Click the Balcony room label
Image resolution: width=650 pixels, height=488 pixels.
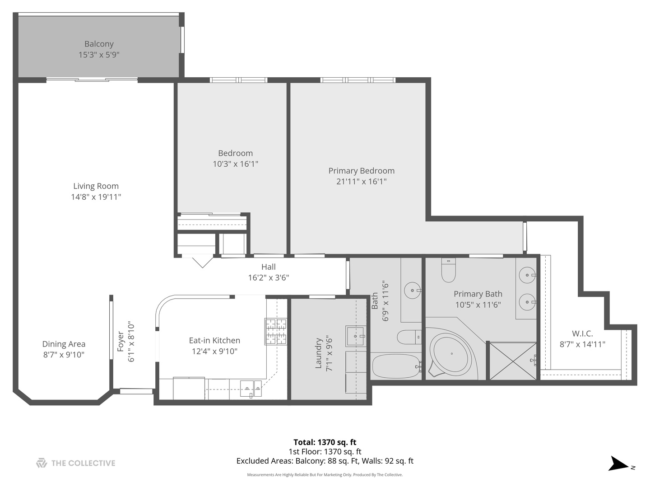coord(99,44)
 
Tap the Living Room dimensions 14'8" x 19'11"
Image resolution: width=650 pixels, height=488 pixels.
coord(96,197)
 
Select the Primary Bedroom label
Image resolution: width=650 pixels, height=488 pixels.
coord(361,171)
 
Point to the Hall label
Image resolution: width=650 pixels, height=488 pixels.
coord(268,267)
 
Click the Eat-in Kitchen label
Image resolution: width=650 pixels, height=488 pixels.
coord(214,341)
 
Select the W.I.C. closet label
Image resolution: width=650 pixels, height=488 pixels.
coord(582,333)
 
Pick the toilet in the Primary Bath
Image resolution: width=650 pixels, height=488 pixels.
coord(448,270)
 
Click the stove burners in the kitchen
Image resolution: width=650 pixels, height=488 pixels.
coord(276,331)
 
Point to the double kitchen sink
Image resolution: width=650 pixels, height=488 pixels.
coord(251,388)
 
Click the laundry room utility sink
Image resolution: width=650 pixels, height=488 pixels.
coord(356,336)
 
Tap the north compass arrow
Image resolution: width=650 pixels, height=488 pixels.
coord(619,464)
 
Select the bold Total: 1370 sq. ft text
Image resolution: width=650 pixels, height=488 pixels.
coord(325,442)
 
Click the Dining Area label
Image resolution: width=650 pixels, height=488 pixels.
coord(64,344)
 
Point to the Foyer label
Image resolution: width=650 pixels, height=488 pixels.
coord(121,342)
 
